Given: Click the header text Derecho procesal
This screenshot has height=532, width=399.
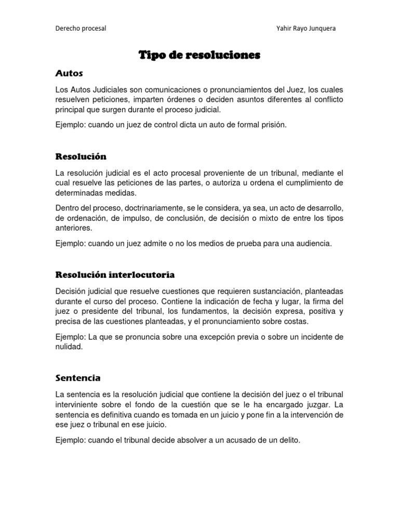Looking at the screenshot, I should (81, 29).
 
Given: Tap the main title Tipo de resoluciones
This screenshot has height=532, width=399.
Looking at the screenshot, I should (199, 55).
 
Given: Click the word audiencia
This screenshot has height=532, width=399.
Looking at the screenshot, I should (312, 243).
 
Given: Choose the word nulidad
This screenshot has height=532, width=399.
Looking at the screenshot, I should (69, 347).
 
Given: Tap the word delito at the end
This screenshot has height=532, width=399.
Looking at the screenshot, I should (290, 440).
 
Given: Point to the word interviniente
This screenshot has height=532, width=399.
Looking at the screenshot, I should (78, 404).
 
